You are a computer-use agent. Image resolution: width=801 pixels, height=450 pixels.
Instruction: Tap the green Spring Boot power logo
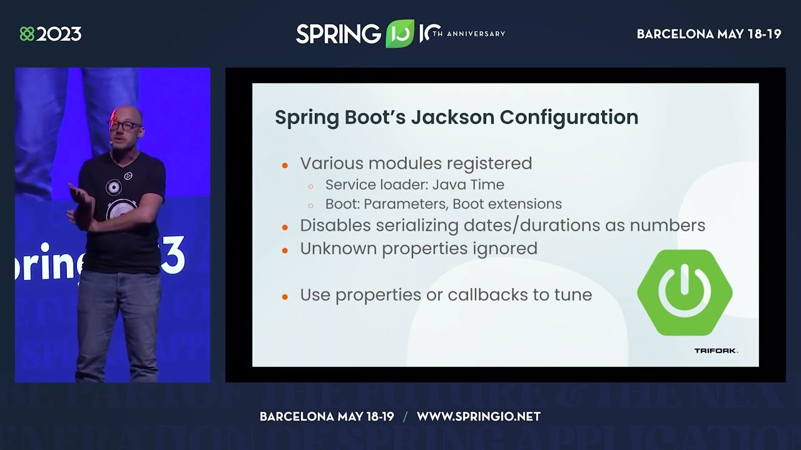pos(685,292)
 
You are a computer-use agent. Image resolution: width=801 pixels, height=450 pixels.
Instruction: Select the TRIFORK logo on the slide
pos(716,351)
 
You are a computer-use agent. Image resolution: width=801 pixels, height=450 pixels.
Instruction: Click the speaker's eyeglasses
pos(125,125)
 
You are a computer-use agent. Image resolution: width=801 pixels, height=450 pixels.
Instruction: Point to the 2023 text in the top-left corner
pos(59,34)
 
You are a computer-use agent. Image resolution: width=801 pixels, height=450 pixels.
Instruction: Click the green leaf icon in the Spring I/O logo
pos(399,34)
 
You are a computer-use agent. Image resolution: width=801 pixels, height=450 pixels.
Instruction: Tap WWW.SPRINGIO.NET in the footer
pos(479,416)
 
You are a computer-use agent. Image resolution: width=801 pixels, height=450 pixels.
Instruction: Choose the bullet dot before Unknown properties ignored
pos(285,250)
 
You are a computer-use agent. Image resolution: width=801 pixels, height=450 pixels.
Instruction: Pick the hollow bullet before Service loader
pos(311,186)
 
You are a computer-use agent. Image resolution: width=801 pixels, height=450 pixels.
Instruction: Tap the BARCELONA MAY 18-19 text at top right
pos(708,34)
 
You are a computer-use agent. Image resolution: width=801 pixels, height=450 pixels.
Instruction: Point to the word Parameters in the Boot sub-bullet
pos(406,204)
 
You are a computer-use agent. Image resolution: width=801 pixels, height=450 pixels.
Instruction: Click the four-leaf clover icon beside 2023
pos(27,34)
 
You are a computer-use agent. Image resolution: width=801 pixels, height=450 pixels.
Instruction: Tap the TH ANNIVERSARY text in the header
pos(468,34)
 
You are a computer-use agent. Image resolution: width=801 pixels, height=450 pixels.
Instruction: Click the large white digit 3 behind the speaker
pos(175,255)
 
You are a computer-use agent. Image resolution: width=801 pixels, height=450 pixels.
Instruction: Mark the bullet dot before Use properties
pos(285,296)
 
